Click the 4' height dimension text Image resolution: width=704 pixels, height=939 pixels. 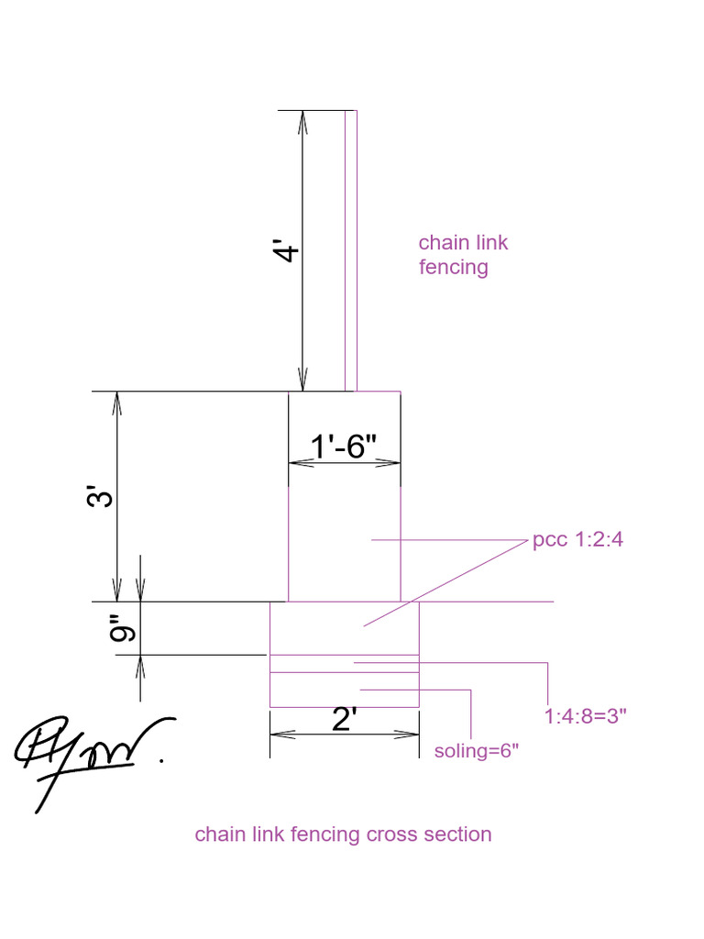point(288,251)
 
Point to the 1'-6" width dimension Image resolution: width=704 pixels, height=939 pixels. point(344,447)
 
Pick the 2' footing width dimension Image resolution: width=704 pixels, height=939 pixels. point(344,721)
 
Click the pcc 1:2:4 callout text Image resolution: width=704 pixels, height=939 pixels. point(577,539)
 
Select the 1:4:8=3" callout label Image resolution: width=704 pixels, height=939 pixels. point(585,715)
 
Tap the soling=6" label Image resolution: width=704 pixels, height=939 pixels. point(477,751)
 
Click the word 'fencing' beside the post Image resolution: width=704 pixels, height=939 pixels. point(453,268)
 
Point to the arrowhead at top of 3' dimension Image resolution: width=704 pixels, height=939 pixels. point(116,401)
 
